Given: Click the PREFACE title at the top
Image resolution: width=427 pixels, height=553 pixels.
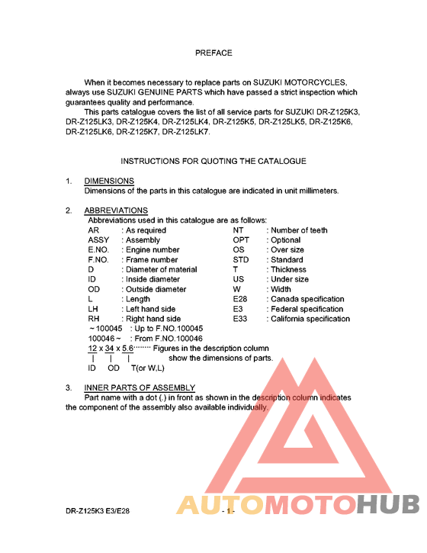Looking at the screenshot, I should pyautogui.click(x=213, y=53).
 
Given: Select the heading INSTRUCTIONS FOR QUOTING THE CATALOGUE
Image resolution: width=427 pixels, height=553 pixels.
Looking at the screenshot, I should pyautogui.click(x=213, y=161).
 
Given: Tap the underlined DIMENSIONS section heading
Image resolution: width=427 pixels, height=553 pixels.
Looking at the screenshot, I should pyautogui.click(x=109, y=181).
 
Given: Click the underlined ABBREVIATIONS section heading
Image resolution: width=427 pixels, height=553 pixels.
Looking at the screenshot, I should pyautogui.click(x=116, y=211).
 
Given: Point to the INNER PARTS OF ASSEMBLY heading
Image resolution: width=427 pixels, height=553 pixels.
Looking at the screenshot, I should pyautogui.click(x=140, y=387).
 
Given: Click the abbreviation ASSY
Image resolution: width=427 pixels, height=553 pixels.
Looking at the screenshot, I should pyautogui.click(x=99, y=240).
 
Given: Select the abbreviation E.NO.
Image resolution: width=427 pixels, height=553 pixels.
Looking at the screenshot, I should pyautogui.click(x=101, y=249).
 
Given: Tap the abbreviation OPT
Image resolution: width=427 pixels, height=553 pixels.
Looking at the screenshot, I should pyautogui.click(x=241, y=240).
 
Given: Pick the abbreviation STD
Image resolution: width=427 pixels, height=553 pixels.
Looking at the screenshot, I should pyautogui.click(x=241, y=259).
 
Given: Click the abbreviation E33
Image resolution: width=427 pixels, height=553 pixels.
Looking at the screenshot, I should pyautogui.click(x=241, y=319).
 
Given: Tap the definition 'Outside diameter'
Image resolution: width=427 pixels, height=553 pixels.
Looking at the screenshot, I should pyautogui.click(x=156, y=289).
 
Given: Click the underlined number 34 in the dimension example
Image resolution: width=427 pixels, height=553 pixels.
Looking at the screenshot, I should pyautogui.click(x=110, y=349).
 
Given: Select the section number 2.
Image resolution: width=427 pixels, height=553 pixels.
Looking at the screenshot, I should pyautogui.click(x=69, y=211).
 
